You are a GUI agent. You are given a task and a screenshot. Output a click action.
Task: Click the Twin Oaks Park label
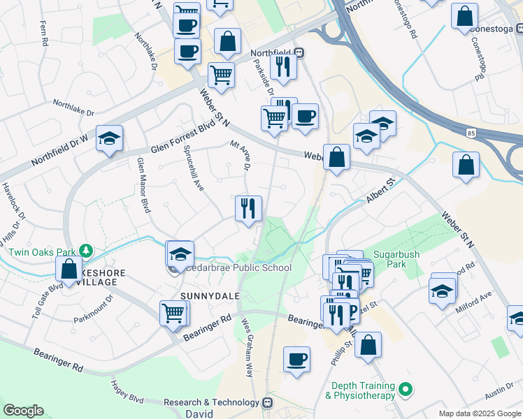point(37,251)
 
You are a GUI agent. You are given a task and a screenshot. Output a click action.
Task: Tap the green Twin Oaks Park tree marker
point(86,249)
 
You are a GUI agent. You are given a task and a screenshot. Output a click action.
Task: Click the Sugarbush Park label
point(396,260)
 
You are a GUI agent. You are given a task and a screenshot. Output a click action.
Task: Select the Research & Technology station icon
point(266,402)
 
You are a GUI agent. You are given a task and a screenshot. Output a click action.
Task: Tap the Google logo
point(24,411)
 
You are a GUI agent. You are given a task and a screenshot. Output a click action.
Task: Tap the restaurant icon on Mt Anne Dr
point(248,208)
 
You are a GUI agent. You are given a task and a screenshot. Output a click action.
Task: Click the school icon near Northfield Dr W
point(109,138)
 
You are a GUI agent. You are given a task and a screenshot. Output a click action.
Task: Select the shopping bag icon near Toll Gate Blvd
point(69,269)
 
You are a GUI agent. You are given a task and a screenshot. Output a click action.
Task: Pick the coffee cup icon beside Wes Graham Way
point(297,360)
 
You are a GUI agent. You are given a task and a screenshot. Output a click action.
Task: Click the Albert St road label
point(380,190)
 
